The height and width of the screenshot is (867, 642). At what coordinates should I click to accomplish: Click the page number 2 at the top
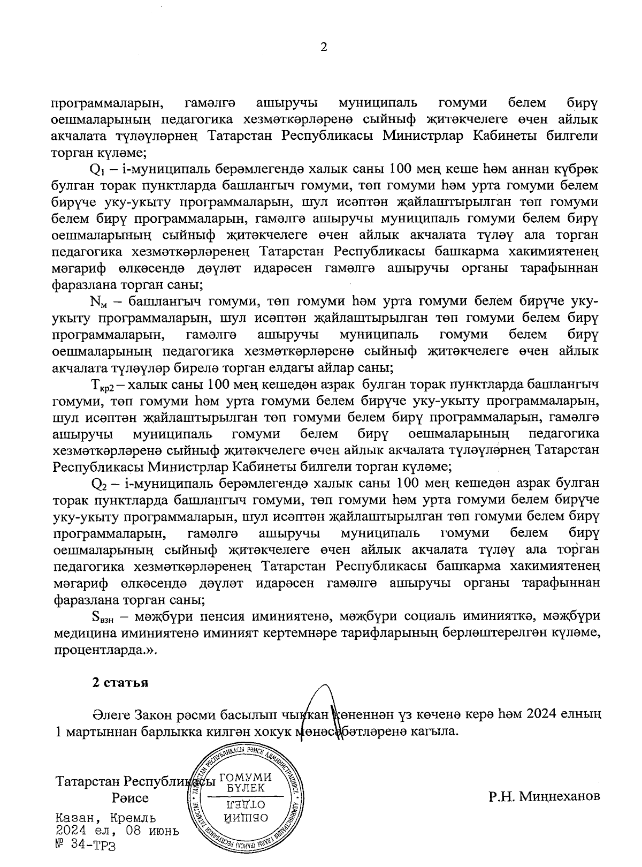point(323,47)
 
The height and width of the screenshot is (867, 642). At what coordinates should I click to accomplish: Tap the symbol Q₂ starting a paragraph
point(100,484)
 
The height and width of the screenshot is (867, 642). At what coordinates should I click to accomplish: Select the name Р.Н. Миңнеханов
point(544,796)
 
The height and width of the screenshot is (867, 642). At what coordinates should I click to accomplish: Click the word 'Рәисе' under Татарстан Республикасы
point(130,798)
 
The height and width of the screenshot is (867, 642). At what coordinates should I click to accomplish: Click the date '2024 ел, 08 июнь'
point(117,831)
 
